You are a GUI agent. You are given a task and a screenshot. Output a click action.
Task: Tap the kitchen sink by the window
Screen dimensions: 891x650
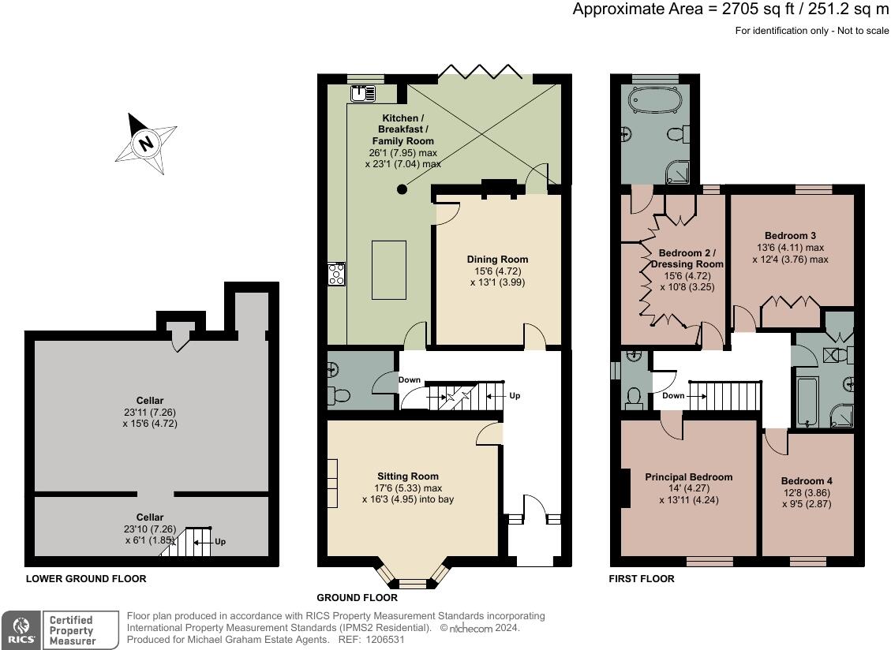[x=362, y=93]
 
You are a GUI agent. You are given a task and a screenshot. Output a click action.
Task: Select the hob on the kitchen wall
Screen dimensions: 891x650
[x=336, y=274]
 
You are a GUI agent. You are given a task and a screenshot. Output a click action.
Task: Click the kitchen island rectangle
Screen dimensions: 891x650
[x=389, y=270]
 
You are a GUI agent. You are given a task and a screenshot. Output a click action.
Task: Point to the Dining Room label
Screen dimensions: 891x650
[x=498, y=259]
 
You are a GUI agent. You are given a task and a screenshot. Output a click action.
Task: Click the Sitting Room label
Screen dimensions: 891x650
[x=408, y=476]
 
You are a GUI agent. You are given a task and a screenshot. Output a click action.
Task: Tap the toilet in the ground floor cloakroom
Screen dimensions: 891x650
[x=339, y=395]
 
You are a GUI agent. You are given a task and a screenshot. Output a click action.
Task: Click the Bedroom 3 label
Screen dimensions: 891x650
[x=791, y=235]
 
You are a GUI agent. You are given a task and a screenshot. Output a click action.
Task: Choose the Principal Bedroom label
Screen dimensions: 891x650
[x=689, y=477]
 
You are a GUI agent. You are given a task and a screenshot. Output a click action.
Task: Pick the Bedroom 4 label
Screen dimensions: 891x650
[x=807, y=480]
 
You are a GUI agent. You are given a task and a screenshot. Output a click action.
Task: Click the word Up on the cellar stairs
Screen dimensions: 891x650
[x=220, y=541]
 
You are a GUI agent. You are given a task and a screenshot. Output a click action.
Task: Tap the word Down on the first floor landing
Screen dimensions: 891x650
[x=673, y=395]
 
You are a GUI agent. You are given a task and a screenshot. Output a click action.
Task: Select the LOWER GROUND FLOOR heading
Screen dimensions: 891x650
[x=86, y=578]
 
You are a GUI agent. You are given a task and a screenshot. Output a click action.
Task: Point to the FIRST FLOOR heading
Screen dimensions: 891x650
[x=642, y=578]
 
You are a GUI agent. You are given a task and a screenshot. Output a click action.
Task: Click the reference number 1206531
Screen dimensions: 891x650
[x=384, y=639]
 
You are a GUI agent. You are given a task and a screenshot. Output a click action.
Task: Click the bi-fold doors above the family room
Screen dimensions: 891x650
[x=481, y=71]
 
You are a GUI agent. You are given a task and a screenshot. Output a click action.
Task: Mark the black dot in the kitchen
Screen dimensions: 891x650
[x=402, y=190]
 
